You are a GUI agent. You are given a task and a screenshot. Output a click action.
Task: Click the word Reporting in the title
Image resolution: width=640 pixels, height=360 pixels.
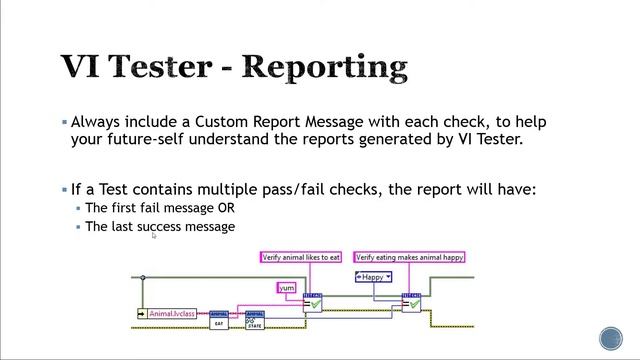tap(326, 67)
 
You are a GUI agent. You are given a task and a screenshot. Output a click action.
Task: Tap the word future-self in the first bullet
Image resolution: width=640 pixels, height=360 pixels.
tap(147, 140)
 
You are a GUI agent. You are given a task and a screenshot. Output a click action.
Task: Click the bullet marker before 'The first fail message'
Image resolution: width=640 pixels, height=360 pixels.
tap(78, 208)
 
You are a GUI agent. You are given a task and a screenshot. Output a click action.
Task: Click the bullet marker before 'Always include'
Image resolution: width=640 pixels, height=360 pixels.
tap(65, 122)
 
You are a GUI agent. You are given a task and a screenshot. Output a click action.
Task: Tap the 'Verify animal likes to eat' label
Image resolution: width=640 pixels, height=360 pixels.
tap(294, 257)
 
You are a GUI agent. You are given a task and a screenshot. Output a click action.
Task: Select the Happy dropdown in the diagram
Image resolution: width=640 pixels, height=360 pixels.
tap(373, 277)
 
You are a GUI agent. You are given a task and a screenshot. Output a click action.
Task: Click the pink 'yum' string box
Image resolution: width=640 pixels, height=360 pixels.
tap(287, 288)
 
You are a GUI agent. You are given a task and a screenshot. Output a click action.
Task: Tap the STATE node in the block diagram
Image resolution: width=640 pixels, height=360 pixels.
tap(255, 321)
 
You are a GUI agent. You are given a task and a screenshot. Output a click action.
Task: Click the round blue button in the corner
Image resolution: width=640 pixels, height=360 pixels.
tap(610, 338)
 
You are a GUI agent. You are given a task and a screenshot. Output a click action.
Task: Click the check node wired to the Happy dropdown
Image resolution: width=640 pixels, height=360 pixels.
tap(411, 302)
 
